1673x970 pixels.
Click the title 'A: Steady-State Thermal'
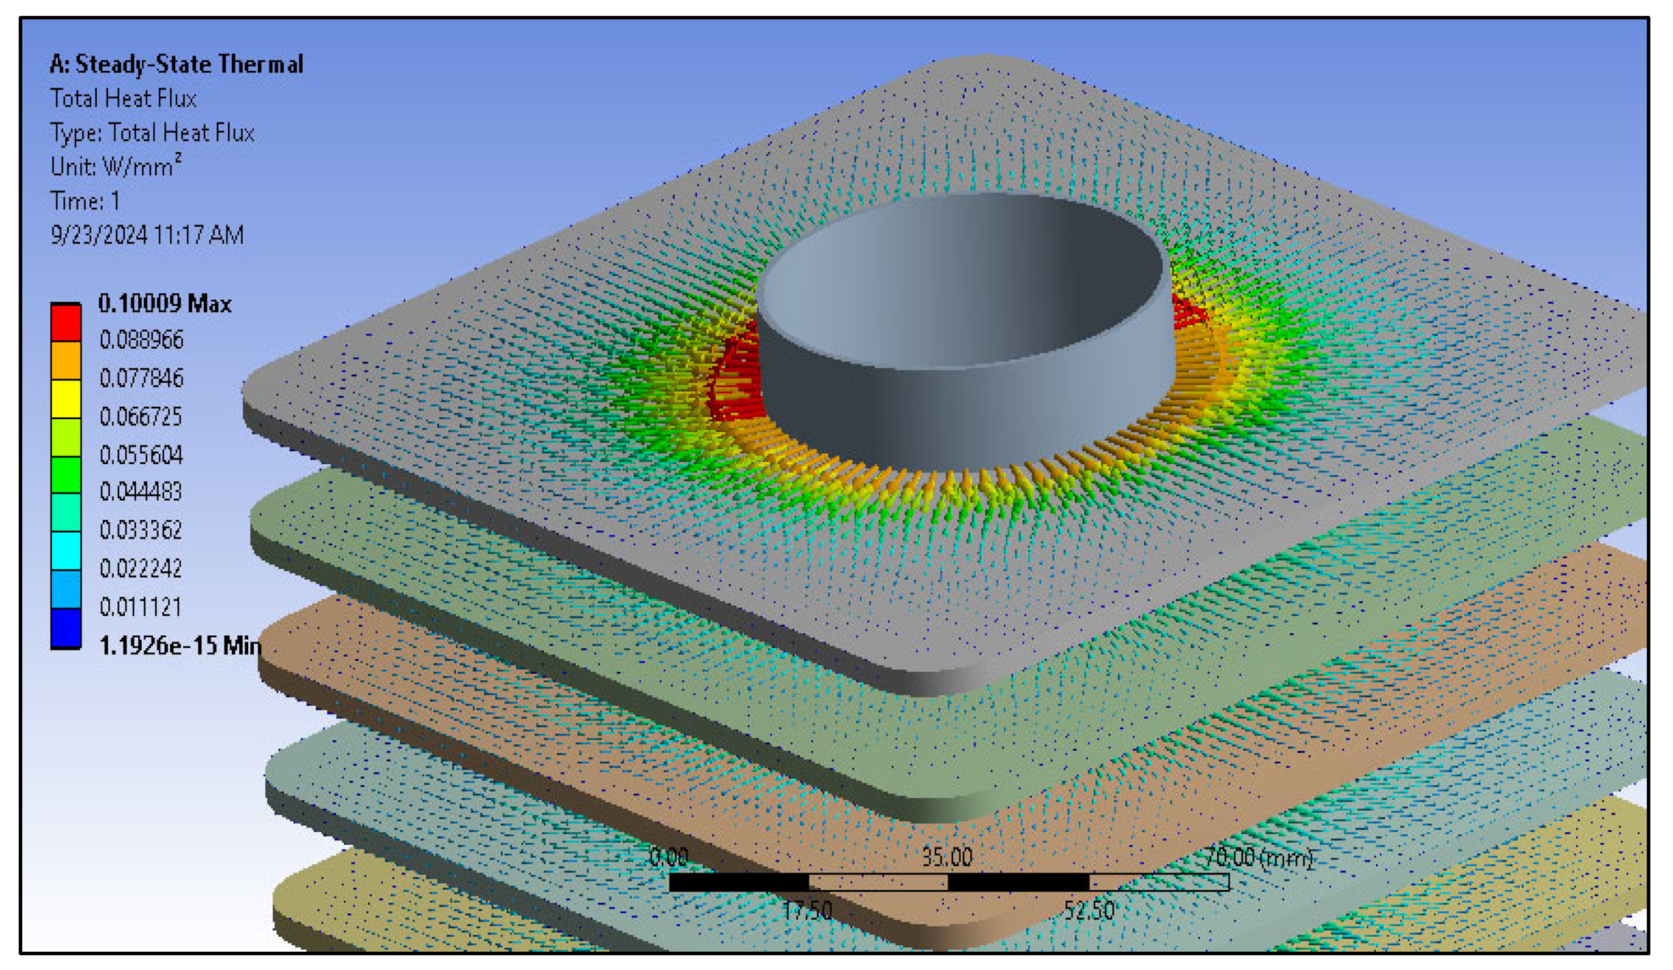click(176, 64)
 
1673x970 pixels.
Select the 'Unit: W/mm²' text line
click(116, 166)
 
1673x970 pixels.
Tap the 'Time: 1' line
click(85, 201)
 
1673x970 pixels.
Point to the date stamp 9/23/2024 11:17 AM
click(147, 235)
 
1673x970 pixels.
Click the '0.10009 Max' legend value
click(165, 304)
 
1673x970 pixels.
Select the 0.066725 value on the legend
click(140, 417)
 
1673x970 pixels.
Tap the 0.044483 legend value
click(140, 492)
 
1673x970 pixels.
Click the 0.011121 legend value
click(140, 607)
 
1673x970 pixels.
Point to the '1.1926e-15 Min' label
click(180, 645)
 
